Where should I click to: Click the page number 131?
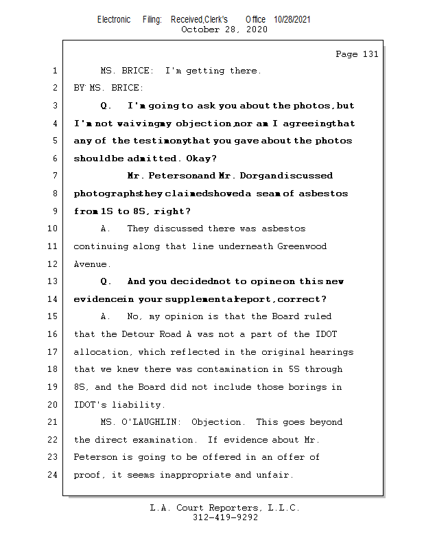[368, 54]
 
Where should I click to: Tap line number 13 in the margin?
[54, 281]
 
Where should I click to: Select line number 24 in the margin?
[54, 474]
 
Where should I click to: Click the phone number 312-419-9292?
[225, 518]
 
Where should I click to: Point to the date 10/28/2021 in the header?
[292, 20]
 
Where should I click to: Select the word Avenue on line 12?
[90, 264]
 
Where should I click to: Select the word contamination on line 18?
[223, 369]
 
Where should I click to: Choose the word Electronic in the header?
[114, 20]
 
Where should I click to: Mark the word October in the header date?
[199, 30]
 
